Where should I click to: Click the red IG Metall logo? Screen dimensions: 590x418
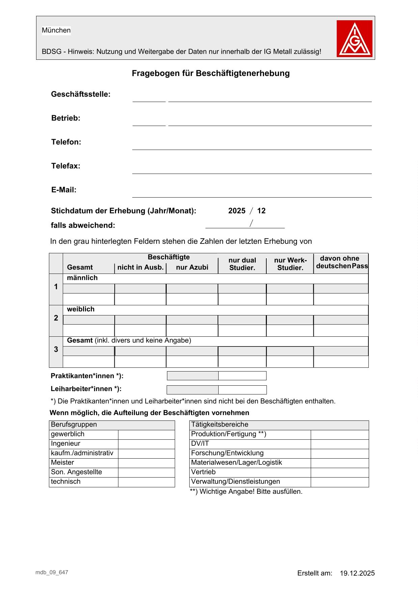(354, 39)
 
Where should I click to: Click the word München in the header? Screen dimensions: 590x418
(56, 30)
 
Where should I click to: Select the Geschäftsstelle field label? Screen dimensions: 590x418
(81, 94)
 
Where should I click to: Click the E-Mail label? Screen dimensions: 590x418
(64, 190)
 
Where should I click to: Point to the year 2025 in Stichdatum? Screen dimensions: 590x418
(237, 211)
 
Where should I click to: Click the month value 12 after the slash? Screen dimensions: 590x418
(261, 211)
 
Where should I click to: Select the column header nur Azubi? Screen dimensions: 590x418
(192, 267)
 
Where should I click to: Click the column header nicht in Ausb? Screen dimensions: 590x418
(140, 267)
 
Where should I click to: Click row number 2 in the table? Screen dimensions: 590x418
(56, 318)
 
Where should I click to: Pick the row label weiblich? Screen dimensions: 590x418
(81, 309)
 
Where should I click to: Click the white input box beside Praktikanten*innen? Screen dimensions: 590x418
(242, 376)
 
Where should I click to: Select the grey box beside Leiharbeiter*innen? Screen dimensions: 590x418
(193, 390)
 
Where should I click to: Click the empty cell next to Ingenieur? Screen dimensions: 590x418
(146, 444)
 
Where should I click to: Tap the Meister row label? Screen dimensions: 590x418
(62, 463)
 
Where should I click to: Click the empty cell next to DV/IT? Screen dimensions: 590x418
(339, 444)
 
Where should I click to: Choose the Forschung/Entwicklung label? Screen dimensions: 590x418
(227, 453)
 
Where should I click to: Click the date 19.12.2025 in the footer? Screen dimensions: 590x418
(357, 573)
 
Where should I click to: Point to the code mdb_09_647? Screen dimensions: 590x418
(51, 572)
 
